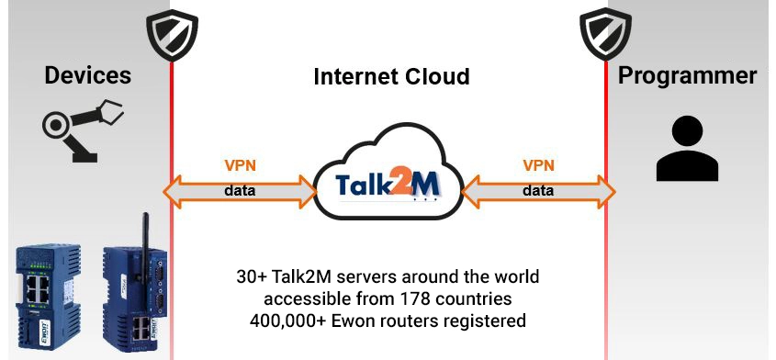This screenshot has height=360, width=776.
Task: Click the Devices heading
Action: pyautogui.click(x=87, y=75)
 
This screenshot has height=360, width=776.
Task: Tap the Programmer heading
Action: pyautogui.click(x=688, y=75)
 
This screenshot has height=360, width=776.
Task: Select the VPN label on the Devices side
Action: pyautogui.click(x=241, y=166)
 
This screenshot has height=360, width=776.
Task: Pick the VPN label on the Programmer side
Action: pyautogui.click(x=538, y=166)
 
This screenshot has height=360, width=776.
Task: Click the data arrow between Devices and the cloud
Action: pyautogui.click(x=240, y=191)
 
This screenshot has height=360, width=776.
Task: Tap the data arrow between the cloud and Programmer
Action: pyautogui.click(x=538, y=191)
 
